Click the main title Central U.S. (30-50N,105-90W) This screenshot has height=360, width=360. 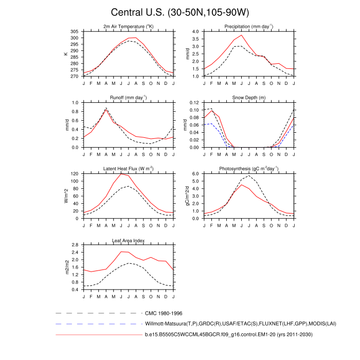click(x=180, y=12)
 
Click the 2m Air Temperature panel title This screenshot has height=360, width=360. click(x=129, y=26)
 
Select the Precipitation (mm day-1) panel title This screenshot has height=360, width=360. click(x=248, y=26)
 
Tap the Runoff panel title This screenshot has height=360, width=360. click(x=129, y=97)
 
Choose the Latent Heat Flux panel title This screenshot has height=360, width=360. click(x=129, y=169)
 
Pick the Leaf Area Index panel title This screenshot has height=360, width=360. click(x=129, y=240)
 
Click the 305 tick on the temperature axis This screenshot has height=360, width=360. click(x=75, y=31)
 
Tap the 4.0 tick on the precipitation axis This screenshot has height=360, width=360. click(x=195, y=31)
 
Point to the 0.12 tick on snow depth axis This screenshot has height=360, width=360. click(x=194, y=103)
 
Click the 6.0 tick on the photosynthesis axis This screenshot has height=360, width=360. click(x=195, y=174)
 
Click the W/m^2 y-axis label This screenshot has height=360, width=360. click(x=66, y=196)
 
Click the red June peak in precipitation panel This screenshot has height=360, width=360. click(x=241, y=35)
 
